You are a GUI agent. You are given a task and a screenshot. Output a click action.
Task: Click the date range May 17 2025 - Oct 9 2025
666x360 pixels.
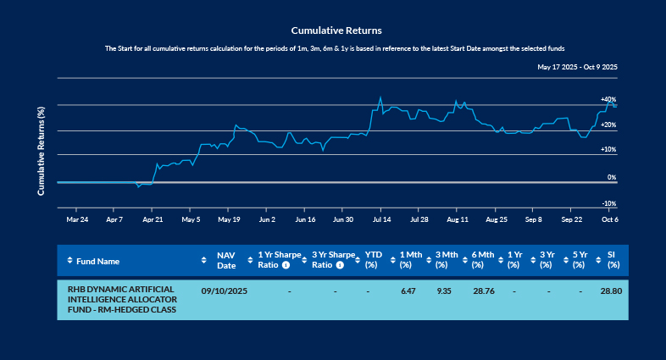[576, 66]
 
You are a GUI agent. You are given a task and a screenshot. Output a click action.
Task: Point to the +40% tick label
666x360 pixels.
[608, 100]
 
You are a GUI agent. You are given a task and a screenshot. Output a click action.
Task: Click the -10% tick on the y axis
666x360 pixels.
[608, 204]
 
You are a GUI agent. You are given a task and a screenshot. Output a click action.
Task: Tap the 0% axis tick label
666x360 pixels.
[612, 178]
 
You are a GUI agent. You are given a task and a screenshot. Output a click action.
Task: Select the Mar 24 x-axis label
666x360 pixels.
[77, 219]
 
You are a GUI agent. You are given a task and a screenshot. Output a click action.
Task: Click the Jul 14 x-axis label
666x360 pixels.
[380, 219]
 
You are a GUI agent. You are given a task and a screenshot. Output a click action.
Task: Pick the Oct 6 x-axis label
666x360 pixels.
[610, 219]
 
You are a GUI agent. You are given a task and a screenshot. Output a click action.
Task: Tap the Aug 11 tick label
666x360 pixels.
[457, 219]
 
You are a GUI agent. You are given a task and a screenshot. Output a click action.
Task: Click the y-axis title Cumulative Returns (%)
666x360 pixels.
[42, 151]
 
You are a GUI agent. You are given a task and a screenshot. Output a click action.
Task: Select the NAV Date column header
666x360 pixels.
[225, 260]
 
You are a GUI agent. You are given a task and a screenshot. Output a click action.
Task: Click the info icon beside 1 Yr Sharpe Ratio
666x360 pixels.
[286, 265]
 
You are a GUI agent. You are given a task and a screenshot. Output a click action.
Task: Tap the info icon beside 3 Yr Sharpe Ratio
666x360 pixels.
[340, 265]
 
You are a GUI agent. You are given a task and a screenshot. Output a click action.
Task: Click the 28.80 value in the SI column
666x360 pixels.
[611, 291]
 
